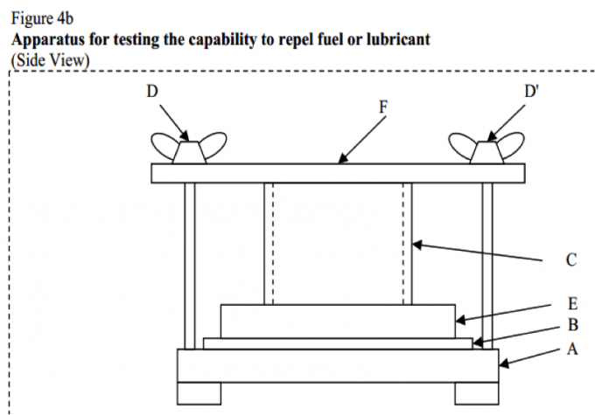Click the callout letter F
381,108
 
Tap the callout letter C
570,259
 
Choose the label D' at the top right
530,90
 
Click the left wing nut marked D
190,150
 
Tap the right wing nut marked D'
486,150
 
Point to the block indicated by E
338,321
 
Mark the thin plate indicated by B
338,343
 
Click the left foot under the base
199,393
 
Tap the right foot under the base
476,393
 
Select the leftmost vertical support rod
190,262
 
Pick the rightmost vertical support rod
487,262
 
